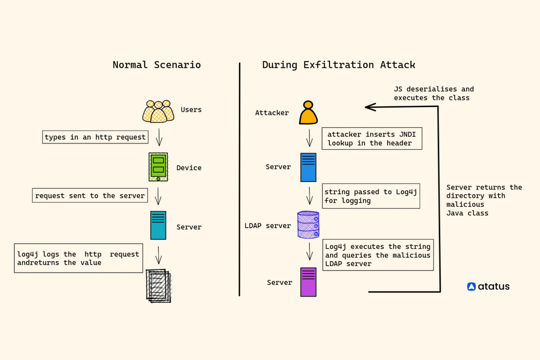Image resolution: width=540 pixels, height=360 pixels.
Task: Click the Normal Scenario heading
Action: coord(157,65)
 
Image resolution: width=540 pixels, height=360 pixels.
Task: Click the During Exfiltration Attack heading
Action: coord(339,65)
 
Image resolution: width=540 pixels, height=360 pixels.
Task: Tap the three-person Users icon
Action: coord(158,111)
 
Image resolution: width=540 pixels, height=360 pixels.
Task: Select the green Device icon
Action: coord(158,167)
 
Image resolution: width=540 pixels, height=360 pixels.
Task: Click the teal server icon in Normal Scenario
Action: coord(158,225)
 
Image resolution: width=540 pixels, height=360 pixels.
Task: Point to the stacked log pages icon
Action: coord(158,285)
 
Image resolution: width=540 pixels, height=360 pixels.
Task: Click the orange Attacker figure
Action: coord(308,113)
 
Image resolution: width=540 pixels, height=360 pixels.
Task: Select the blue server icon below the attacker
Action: coord(308,167)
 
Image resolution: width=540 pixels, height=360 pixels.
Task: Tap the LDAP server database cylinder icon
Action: coord(308,225)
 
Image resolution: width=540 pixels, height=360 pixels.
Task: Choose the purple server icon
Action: coord(308,282)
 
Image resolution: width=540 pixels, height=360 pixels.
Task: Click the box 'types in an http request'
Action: coord(95,137)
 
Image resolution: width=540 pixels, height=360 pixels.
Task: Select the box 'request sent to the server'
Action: coord(90,195)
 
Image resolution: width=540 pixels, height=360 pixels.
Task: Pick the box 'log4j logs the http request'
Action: coord(78,258)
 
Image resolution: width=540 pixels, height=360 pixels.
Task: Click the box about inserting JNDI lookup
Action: coord(372,138)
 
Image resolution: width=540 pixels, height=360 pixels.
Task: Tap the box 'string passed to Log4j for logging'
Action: coord(371,196)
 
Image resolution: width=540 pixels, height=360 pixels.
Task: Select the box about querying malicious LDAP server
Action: coord(378,255)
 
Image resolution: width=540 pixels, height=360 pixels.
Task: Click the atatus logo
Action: coord(488,287)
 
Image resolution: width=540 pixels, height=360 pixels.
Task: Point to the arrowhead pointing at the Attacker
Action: coord(369,107)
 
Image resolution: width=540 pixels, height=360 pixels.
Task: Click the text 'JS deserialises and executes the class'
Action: coord(434,93)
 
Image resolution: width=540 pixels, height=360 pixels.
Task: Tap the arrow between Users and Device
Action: coord(159,137)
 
